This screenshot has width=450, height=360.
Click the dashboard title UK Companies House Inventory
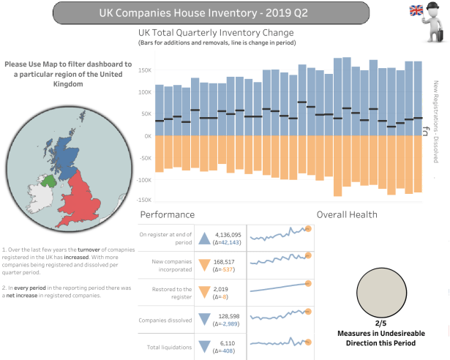point(225,12)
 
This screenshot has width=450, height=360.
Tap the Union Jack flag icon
point(416,10)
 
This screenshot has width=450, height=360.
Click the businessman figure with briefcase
point(436,22)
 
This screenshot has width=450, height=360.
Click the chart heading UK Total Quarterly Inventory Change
point(216,34)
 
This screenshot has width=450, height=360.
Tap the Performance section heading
point(167,214)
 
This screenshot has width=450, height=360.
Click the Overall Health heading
point(347,214)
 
